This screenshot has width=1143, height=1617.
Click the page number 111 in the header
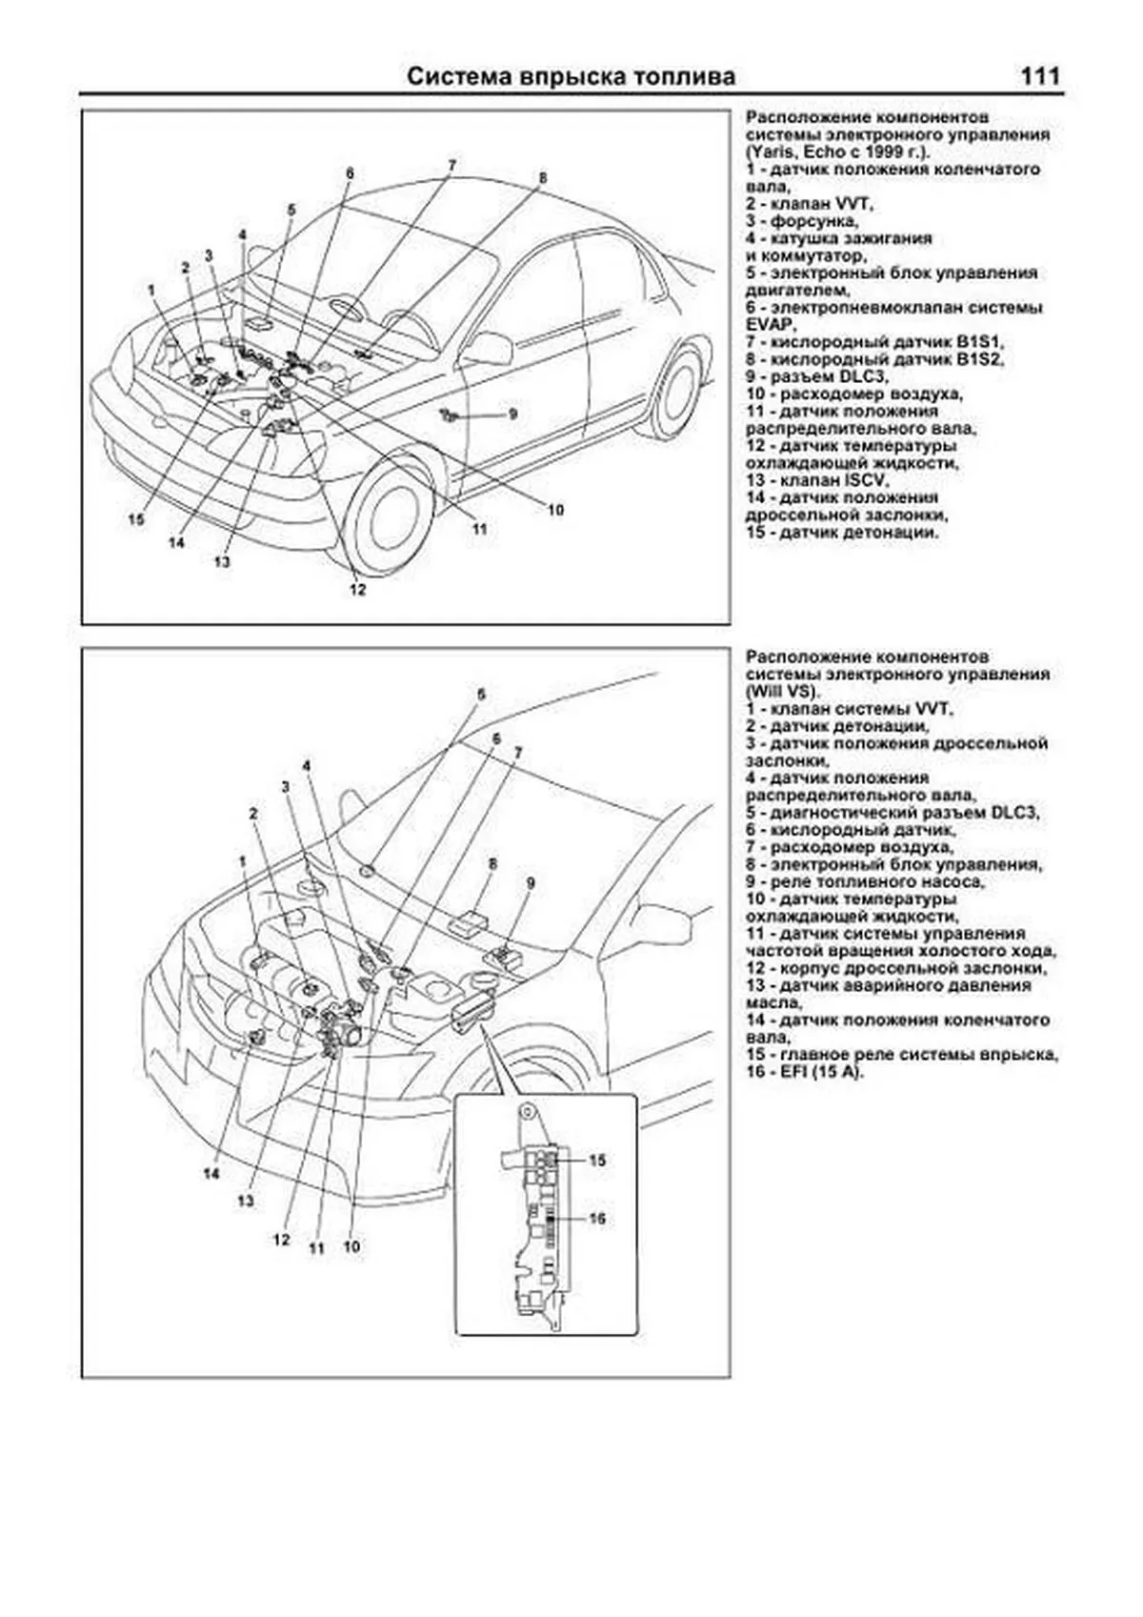point(1039,77)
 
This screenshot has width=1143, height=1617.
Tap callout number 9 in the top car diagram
point(512,414)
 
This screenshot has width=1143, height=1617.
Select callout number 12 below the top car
point(357,590)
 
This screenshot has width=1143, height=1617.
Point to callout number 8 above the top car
point(543,178)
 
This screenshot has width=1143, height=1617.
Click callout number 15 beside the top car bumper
point(135,520)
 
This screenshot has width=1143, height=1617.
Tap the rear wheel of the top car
point(677,392)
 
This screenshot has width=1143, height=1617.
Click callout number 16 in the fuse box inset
point(597,1219)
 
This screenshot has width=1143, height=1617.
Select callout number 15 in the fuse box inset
point(597,1161)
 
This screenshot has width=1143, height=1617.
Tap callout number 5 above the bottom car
point(481,695)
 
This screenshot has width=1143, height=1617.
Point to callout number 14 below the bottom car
point(211,1174)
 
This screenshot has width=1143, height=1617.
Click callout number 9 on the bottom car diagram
point(531,883)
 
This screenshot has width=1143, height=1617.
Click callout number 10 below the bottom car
point(351,1245)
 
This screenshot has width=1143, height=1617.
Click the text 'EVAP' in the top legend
point(767,325)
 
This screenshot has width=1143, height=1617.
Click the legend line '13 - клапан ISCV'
point(816,480)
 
